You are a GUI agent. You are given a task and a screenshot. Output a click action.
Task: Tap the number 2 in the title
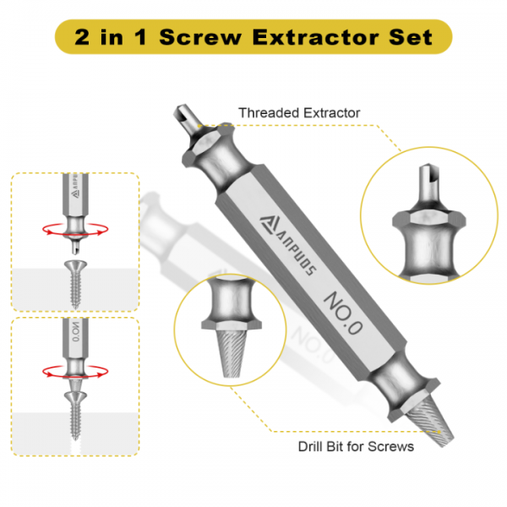84,37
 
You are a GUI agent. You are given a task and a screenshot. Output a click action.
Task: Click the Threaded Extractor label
299,112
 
